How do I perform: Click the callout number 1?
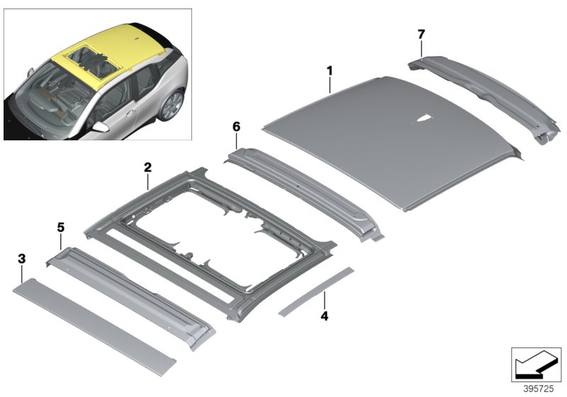click(330, 71)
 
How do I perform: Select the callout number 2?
click(147, 167)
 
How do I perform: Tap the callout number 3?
click(22, 259)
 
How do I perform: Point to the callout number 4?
click(325, 316)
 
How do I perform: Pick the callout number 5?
click(60, 228)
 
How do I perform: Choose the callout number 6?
click(236, 127)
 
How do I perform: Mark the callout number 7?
click(421, 34)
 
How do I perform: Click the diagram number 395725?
click(539, 388)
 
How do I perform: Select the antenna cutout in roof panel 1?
click(422, 119)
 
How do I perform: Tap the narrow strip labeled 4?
click(315, 291)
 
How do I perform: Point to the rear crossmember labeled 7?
click(485, 98)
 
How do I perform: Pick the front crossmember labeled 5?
click(130, 297)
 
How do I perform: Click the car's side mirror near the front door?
click(99, 127)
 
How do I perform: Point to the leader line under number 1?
click(330, 85)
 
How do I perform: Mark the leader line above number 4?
click(325, 300)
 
